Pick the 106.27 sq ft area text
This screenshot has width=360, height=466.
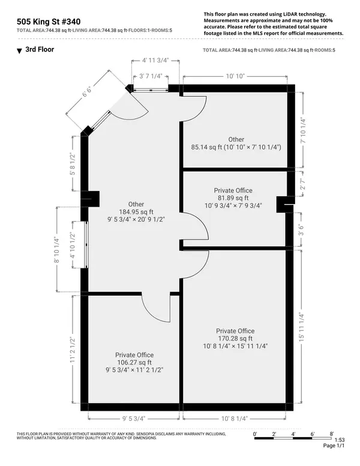134,363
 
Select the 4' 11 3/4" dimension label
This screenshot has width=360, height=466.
147,61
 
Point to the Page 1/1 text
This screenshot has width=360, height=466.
333,446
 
